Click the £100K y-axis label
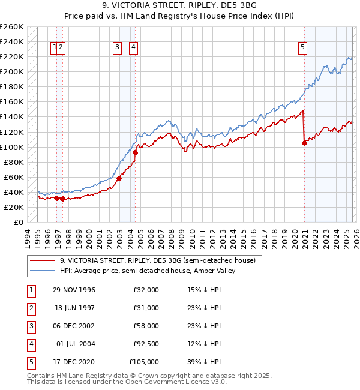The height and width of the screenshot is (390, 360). tap(12, 147)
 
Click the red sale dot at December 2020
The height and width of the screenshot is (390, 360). tap(304, 143)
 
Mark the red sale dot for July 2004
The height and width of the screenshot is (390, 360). tap(135, 152)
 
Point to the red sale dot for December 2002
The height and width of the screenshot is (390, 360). tap(119, 178)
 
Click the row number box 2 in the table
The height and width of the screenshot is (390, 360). tap(30, 308)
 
